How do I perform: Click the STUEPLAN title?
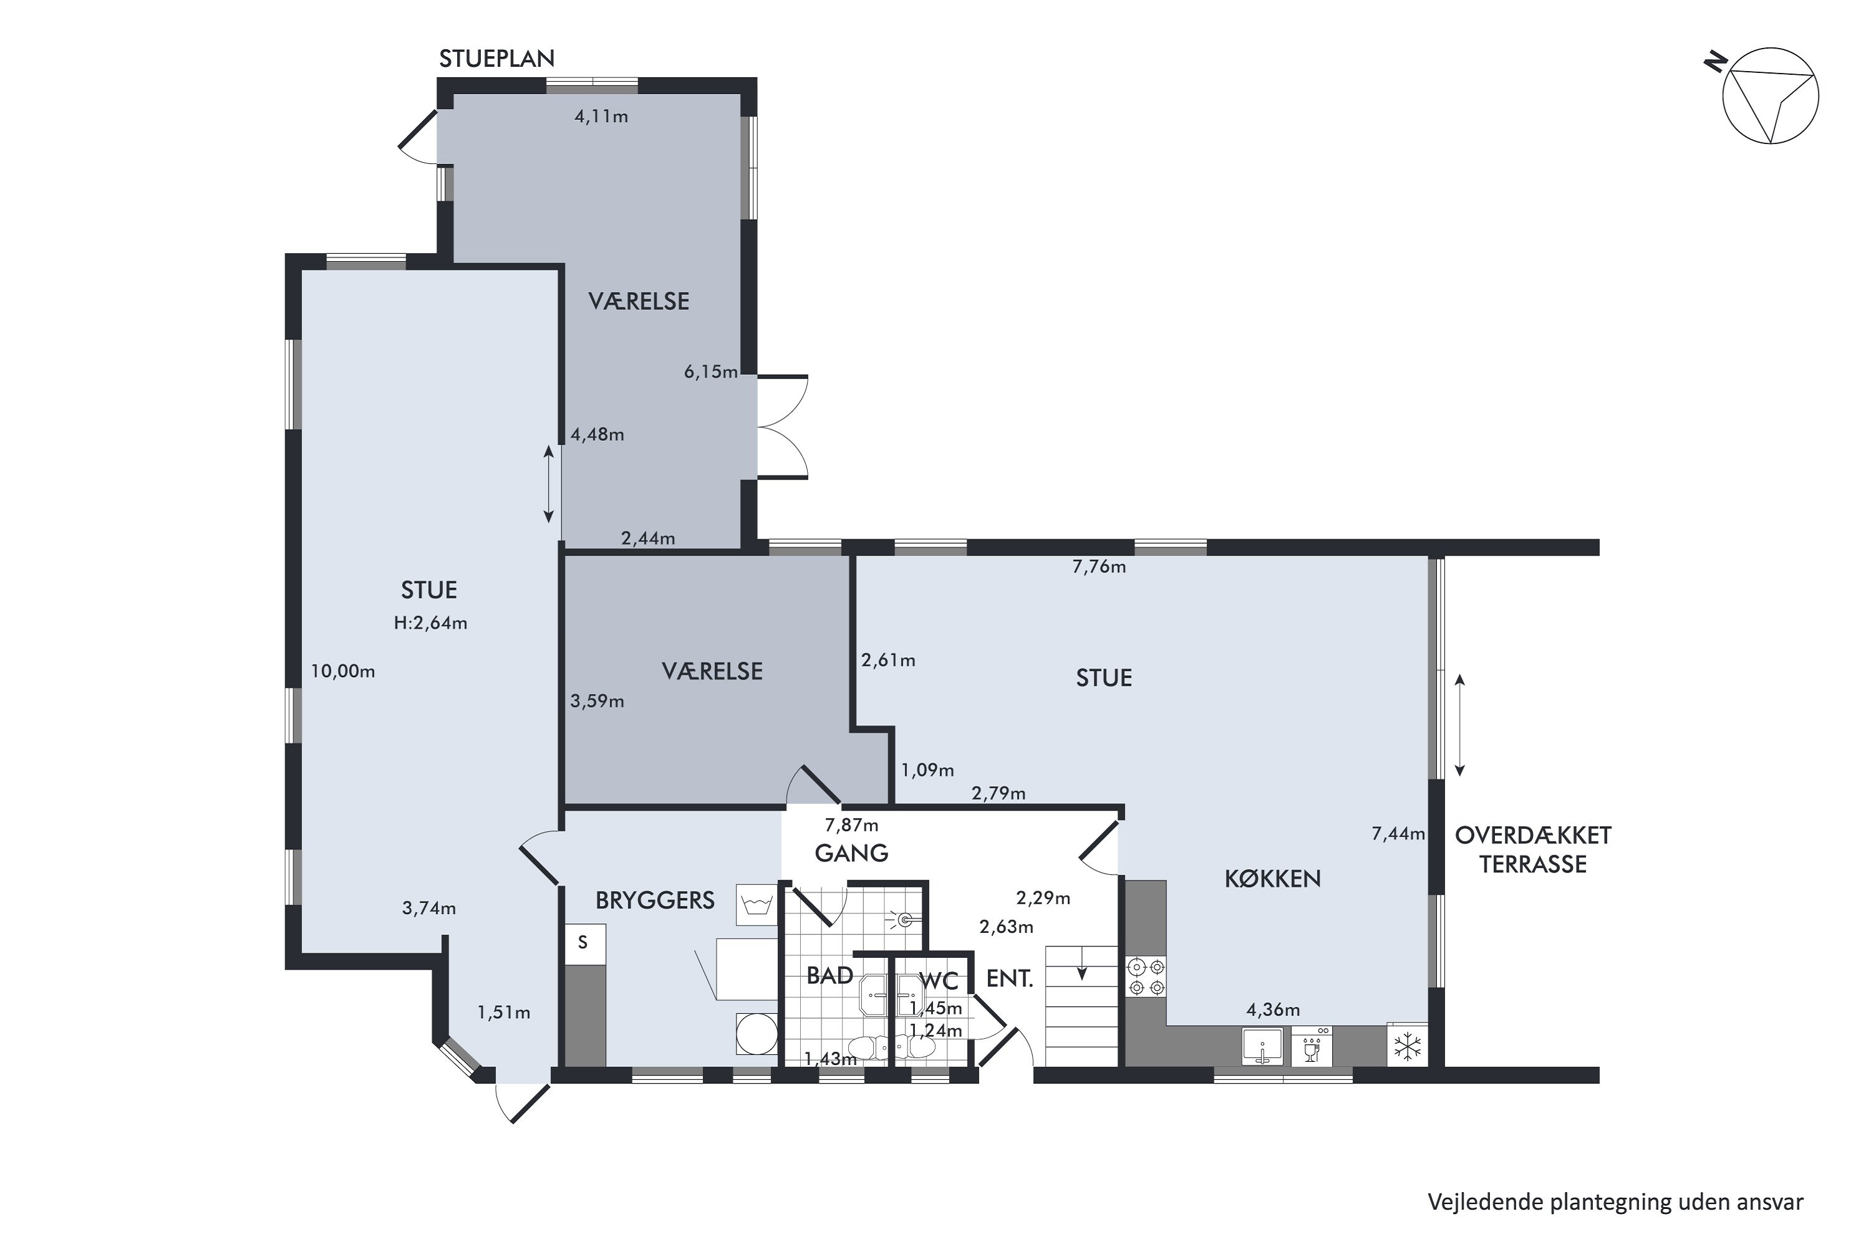497,59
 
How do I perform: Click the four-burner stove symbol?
1146,978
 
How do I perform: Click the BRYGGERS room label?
655,900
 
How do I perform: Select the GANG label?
851,854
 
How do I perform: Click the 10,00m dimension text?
343,672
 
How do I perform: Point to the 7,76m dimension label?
1100,567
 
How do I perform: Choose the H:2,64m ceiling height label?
430,623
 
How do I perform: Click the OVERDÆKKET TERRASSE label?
1533,849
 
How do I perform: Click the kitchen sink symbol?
1262,1047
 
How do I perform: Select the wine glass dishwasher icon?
1312,1047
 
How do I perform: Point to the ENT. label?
1010,979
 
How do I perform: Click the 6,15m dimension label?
711,372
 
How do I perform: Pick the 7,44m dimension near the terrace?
1398,834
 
